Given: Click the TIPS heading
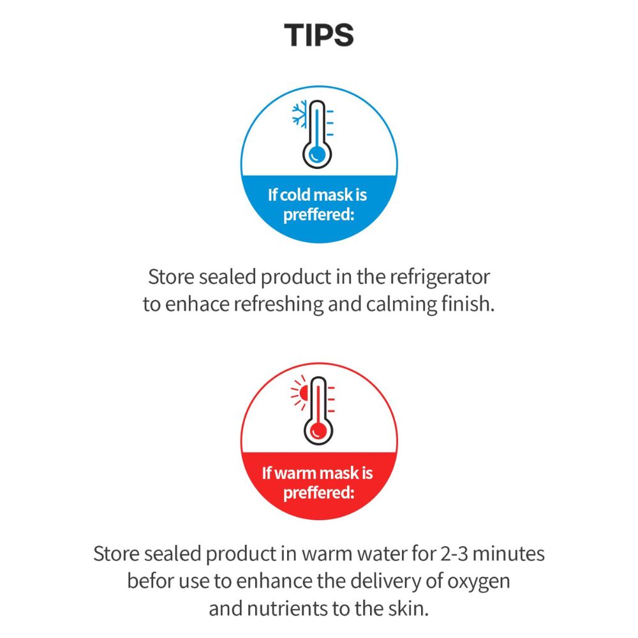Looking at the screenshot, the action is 318,35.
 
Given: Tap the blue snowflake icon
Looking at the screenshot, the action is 299,114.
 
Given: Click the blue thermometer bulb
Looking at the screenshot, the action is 317,154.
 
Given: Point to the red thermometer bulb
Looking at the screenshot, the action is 318,431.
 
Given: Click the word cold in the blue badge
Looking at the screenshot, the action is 296,195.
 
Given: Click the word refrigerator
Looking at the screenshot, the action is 440,278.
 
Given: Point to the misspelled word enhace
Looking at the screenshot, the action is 197,304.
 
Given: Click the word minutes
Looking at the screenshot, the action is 508,554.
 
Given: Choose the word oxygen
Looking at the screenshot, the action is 478,582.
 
